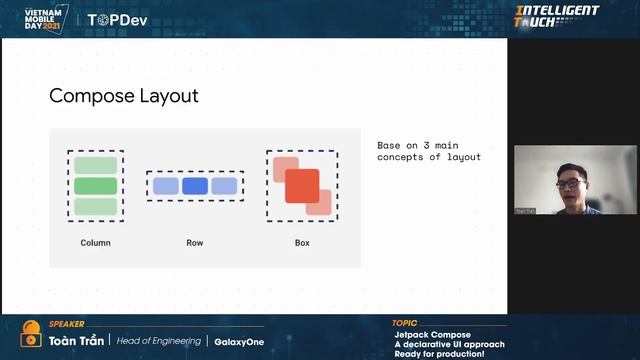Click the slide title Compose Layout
124,96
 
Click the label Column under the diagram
95,243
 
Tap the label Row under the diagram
195,243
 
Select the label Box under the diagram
302,243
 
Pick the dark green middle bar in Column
96,186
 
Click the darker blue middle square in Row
195,186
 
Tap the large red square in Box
302,186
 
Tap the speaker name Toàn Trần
77,341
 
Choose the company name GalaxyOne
239,341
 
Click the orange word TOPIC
405,324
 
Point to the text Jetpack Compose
432,334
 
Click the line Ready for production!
439,354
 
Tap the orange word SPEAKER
66,325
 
